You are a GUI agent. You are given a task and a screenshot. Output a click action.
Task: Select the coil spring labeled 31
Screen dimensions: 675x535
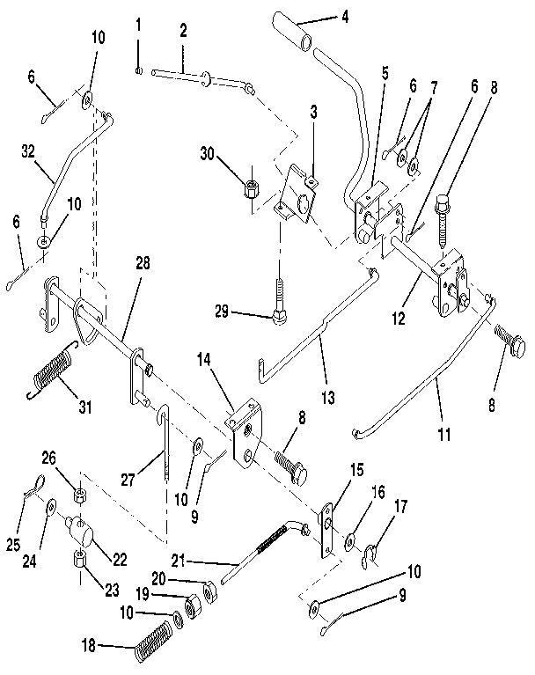point(55,367)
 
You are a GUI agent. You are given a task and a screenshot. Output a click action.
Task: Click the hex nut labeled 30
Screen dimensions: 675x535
point(250,185)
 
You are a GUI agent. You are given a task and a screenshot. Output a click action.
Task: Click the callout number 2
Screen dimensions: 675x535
point(182,31)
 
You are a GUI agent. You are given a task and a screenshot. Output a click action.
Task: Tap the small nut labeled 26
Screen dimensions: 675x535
point(78,492)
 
